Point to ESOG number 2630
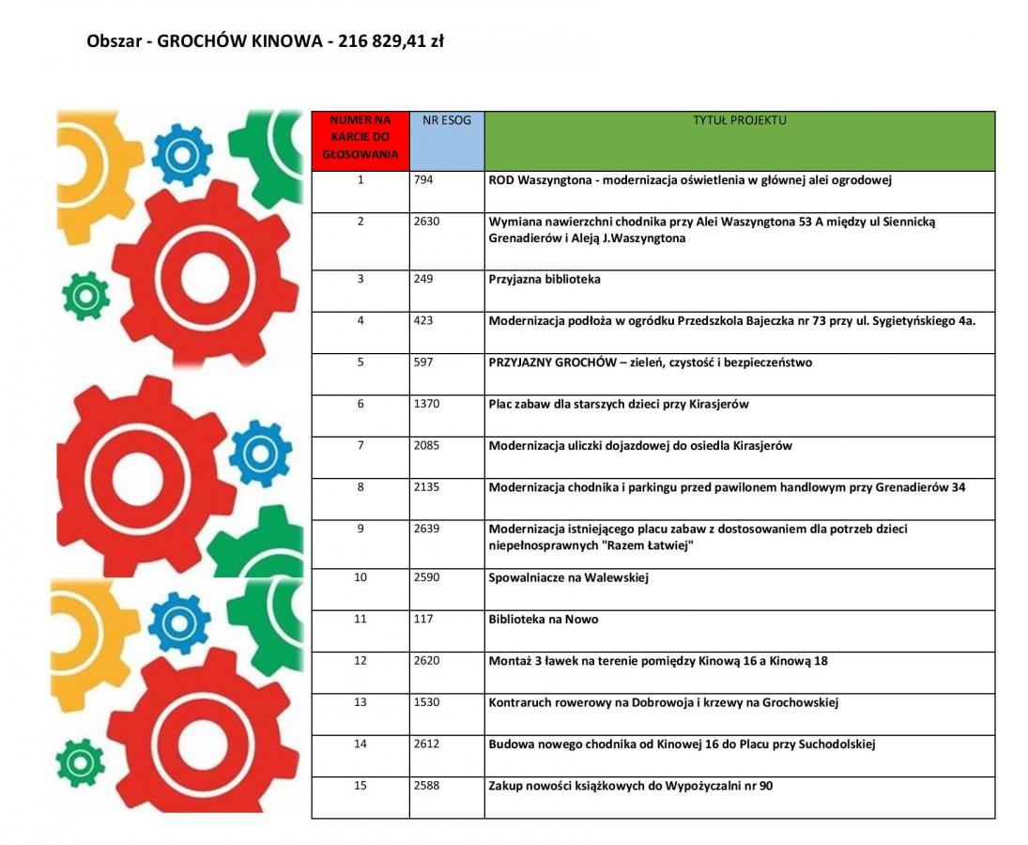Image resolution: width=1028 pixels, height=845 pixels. click(426, 222)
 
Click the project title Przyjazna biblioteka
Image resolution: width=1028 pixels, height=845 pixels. click(545, 280)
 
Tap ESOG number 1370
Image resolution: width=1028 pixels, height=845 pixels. click(426, 404)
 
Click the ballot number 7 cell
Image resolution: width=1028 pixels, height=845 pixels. click(361, 445)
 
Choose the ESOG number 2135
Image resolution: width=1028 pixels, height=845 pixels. click(426, 487)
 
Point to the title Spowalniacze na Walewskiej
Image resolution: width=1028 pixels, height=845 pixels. click(568, 577)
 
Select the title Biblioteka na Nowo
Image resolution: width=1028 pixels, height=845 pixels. click(544, 620)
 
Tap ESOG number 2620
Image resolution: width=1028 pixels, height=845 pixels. click(426, 661)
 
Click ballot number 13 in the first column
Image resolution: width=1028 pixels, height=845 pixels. click(361, 702)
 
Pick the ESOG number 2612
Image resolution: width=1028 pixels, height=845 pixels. click(426, 744)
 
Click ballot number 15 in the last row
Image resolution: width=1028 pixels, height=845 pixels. click(361, 785)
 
